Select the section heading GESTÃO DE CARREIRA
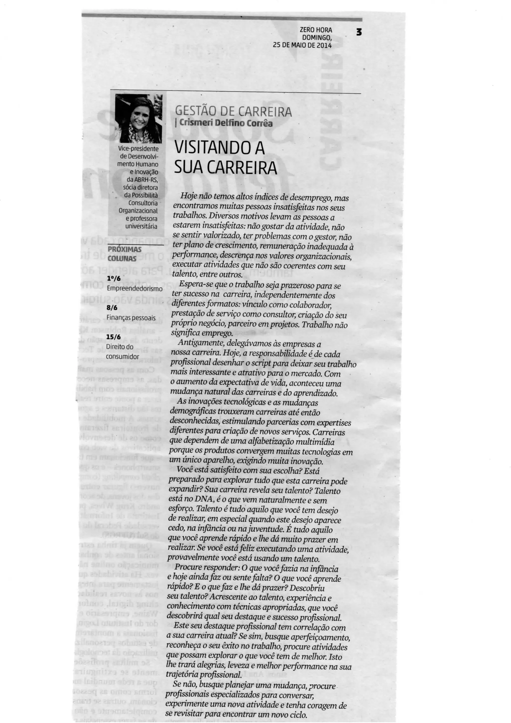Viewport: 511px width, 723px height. click(x=233, y=112)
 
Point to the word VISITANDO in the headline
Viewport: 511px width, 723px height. click(x=210, y=148)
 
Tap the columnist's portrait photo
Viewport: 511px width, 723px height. click(x=138, y=119)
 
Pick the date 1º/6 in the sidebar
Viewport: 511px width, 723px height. click(x=114, y=279)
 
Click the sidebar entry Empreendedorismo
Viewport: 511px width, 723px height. click(x=135, y=288)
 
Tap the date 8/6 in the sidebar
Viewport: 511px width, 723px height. click(x=112, y=308)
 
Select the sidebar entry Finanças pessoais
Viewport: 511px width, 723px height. click(x=131, y=318)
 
